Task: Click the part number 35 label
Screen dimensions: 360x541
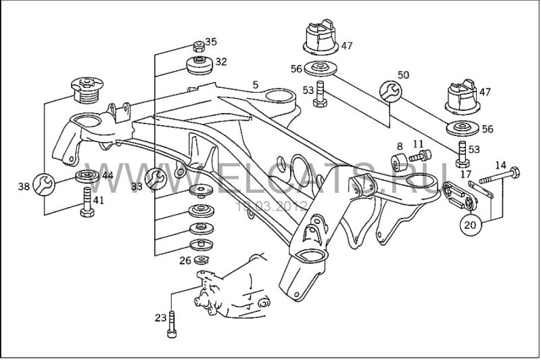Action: (211, 42)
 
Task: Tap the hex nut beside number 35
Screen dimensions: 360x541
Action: (198, 47)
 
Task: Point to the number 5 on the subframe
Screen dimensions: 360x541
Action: (255, 85)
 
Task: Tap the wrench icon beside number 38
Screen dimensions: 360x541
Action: (43, 182)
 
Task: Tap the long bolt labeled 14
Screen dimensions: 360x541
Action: (500, 177)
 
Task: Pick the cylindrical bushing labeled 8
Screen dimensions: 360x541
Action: (398, 163)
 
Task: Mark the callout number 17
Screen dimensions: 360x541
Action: (465, 174)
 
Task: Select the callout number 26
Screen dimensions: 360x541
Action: (185, 261)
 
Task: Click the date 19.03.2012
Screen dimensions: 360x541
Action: (270, 205)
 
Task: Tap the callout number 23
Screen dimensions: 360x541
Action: (160, 317)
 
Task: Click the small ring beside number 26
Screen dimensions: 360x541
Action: (200, 261)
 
